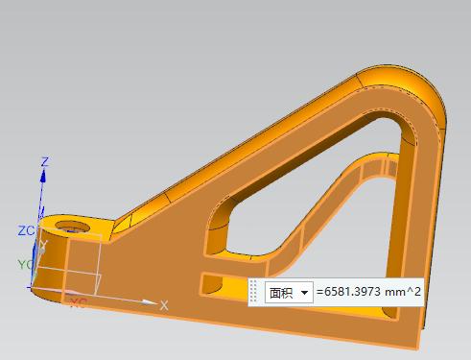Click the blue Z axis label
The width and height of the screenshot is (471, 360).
pos(45,161)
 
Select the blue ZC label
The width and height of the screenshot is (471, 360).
pos(26,230)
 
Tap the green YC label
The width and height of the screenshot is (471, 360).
pos(25,265)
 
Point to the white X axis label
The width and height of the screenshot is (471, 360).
pos(164,305)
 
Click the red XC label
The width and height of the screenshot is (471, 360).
pos(79,302)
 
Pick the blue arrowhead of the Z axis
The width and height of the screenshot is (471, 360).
pos(43,176)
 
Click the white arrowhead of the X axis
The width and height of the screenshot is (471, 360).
pos(150,301)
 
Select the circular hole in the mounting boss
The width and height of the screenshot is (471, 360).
pos(72,227)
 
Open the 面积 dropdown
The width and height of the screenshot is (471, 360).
pos(289,292)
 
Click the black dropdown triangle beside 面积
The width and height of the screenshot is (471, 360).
pos(304,293)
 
